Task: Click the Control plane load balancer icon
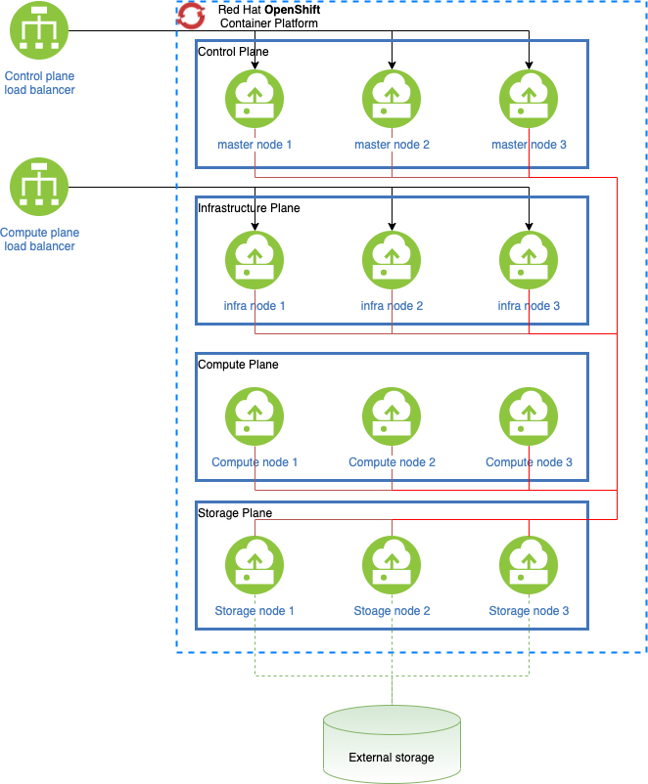tap(39, 30)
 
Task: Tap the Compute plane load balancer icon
tap(39, 188)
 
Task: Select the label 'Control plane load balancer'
tap(39, 83)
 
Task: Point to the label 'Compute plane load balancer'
tap(39, 240)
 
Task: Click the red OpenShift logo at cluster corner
tap(191, 15)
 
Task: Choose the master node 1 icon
tap(255, 100)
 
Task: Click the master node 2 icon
tap(392, 100)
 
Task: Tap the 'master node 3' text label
tap(529, 145)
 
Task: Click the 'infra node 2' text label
tap(392, 306)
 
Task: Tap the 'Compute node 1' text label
tap(255, 462)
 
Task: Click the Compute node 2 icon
tap(392, 417)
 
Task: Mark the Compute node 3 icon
tap(529, 417)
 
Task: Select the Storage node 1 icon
tap(255, 566)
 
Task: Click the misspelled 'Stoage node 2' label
tap(392, 611)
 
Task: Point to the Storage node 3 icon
tap(529, 566)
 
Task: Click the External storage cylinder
tap(392, 744)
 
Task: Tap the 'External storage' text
tap(392, 758)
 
